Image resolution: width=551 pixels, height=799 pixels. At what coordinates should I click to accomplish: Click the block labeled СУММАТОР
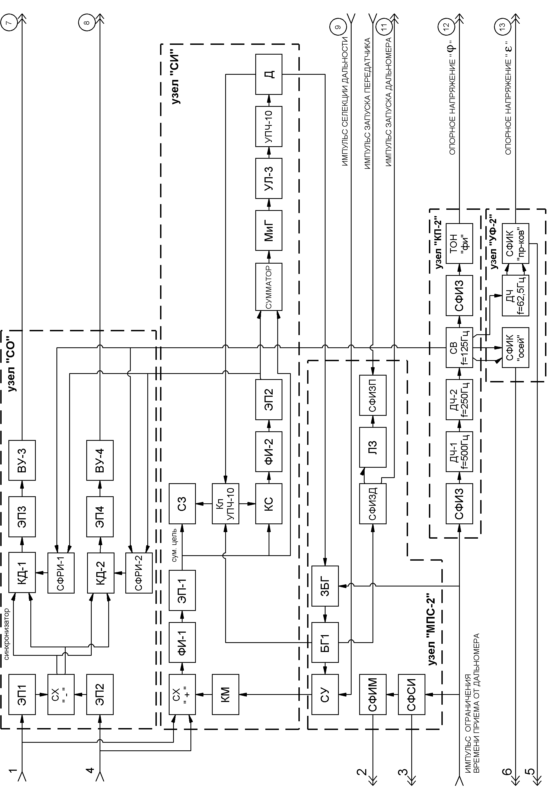(269, 287)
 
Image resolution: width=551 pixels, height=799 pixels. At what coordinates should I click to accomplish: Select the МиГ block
(269, 230)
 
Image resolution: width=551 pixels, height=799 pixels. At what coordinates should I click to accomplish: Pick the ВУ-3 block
(22, 460)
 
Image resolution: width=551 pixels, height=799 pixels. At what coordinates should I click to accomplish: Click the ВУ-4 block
(100, 460)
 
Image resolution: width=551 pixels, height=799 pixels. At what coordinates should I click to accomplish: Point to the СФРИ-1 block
(61, 573)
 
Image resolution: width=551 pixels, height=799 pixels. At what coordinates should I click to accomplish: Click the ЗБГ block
(325, 586)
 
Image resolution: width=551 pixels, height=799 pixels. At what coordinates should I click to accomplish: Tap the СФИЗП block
(372, 395)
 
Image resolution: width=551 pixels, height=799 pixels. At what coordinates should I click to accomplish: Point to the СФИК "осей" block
(515, 348)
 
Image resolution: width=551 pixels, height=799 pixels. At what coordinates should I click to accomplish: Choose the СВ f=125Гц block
(459, 348)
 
